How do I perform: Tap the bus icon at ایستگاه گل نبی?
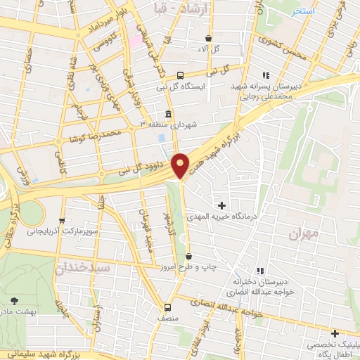tap(180, 75)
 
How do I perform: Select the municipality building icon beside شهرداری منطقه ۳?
tap(167, 114)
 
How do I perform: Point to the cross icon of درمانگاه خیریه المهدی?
tap(223, 205)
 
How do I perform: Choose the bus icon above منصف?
tap(167, 307)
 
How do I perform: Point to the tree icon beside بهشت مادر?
tap(16, 300)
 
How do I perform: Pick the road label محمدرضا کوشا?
tap(94, 137)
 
